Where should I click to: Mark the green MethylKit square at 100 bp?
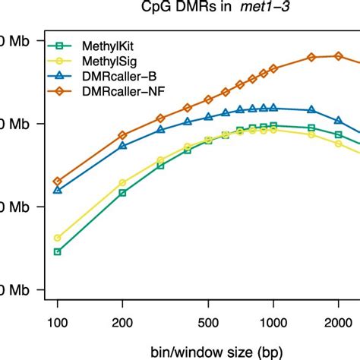(x=57, y=251)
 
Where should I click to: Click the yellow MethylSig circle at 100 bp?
(x=57, y=238)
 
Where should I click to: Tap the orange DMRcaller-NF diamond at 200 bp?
(x=122, y=135)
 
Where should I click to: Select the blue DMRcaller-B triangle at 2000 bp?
(x=339, y=120)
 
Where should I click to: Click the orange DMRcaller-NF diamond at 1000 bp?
(x=273, y=68)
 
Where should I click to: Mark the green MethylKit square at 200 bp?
(x=122, y=193)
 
